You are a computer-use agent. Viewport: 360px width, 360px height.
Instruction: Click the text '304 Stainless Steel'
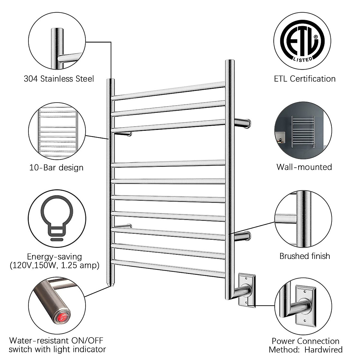coord(59,79)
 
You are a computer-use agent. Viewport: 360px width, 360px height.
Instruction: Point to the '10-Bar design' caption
coord(56,167)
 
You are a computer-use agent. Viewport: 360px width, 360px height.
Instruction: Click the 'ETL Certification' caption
coord(305,79)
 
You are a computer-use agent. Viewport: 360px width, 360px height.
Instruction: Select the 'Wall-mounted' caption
coord(304,167)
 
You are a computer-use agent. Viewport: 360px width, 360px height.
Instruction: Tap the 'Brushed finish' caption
coord(304,256)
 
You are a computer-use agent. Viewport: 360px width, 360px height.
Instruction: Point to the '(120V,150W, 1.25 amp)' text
coord(54,265)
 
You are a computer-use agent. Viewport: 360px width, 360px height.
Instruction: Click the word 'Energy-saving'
coord(54,256)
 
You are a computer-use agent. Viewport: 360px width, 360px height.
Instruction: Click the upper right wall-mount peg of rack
coord(243,123)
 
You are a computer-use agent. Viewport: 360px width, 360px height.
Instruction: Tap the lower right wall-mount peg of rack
coord(243,236)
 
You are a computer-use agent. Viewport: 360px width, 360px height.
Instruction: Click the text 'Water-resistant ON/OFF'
coord(56,340)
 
